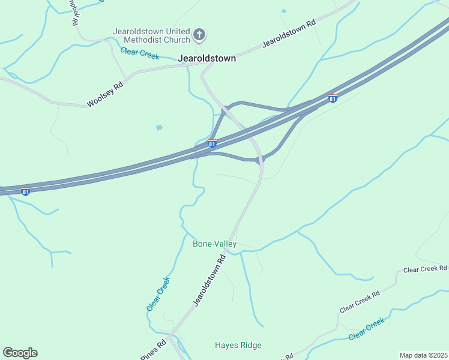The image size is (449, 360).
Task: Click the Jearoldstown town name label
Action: (x=207, y=59)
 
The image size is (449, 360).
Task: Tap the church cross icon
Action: (x=200, y=36)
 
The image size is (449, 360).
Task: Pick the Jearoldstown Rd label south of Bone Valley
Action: (x=209, y=280)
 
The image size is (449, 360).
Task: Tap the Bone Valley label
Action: (x=214, y=244)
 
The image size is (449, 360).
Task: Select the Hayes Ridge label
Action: (x=238, y=345)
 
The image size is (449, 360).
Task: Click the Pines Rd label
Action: (x=154, y=350)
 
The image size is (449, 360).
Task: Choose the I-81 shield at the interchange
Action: (x=212, y=143)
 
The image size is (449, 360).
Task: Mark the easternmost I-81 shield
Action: (x=333, y=98)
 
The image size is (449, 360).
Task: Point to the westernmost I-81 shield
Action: (x=25, y=191)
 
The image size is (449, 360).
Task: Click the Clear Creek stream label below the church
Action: (x=140, y=53)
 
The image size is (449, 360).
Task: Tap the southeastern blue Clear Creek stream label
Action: (x=366, y=329)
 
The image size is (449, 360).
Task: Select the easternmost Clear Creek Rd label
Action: (x=425, y=269)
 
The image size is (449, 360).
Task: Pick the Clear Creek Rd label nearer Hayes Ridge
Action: (x=360, y=301)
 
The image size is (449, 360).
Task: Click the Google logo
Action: (x=20, y=353)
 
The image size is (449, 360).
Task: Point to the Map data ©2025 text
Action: (x=423, y=355)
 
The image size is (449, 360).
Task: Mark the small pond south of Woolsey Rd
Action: (x=159, y=127)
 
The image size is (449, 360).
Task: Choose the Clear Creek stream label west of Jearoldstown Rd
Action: (x=158, y=293)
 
